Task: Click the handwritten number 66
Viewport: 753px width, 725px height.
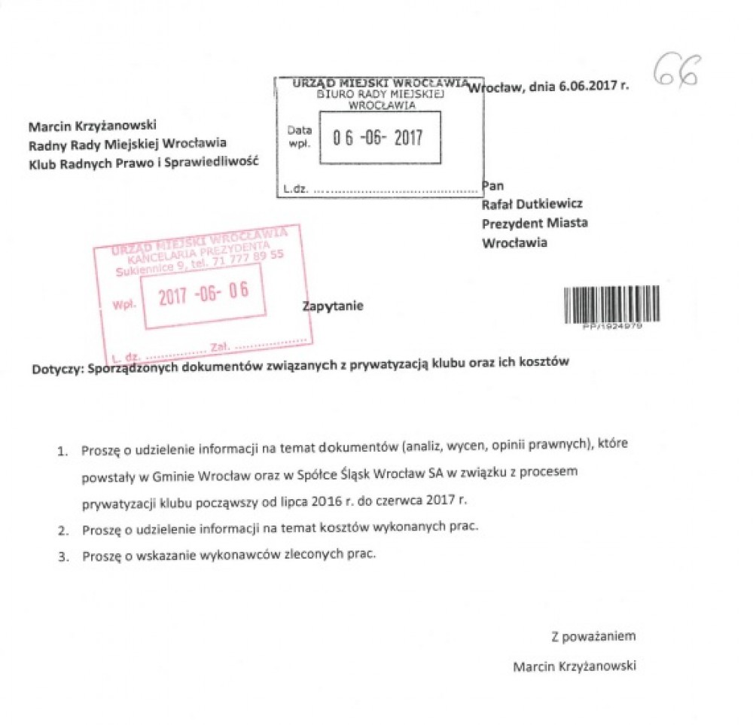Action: tap(676, 72)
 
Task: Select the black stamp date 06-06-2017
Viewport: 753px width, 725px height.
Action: tap(378, 137)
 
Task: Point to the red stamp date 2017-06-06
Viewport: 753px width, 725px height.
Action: tap(203, 294)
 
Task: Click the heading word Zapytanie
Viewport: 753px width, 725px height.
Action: tap(332, 306)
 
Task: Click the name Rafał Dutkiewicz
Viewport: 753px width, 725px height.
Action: tap(532, 204)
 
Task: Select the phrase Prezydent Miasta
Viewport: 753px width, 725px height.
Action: tap(535, 223)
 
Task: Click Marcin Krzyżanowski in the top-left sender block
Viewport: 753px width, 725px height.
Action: tap(92, 126)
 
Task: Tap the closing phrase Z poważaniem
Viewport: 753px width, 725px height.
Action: tap(593, 636)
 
